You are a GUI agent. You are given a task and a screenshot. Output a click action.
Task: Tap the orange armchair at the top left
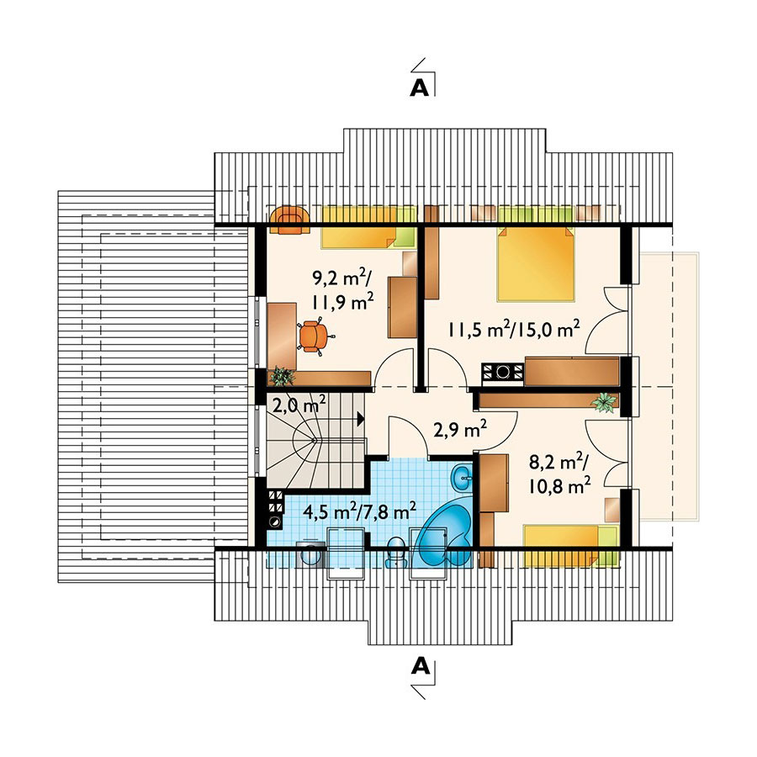[x=289, y=220]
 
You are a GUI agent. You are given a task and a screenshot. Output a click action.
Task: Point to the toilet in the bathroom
[x=396, y=551]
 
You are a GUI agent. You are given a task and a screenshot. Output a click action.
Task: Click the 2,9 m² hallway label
[x=460, y=429]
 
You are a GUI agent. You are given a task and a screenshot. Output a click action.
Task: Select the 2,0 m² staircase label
[x=299, y=404]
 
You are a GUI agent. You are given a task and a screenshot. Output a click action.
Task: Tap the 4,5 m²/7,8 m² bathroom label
[x=359, y=511]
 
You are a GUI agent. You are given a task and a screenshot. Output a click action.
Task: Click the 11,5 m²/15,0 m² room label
[x=514, y=331]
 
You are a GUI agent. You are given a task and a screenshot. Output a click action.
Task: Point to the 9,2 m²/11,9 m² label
[x=343, y=289]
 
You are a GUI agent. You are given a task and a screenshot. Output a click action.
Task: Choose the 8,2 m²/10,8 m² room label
[x=559, y=474]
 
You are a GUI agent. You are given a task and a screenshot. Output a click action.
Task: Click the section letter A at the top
[x=419, y=87]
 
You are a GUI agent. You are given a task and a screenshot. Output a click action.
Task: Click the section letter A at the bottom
[x=420, y=666]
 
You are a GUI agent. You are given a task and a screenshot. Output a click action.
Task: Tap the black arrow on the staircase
[x=360, y=419]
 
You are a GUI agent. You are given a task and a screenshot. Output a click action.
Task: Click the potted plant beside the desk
[x=282, y=377]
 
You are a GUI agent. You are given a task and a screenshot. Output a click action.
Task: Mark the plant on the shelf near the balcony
[x=605, y=402]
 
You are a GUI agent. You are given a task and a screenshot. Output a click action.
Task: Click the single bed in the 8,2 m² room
[x=570, y=546]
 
